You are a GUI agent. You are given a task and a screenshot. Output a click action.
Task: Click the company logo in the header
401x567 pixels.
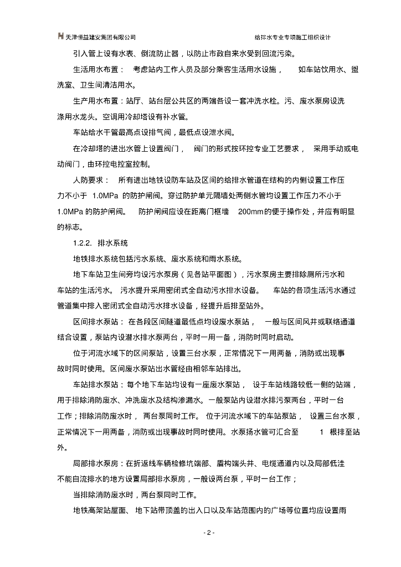click(60, 37)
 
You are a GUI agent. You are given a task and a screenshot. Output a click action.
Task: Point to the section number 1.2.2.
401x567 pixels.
click(83, 243)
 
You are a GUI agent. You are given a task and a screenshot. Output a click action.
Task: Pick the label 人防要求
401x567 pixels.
click(85, 181)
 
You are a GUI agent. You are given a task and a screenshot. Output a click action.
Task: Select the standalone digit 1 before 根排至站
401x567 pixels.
click(321, 431)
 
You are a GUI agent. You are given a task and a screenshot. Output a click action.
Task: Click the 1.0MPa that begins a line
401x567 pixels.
click(69, 212)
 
